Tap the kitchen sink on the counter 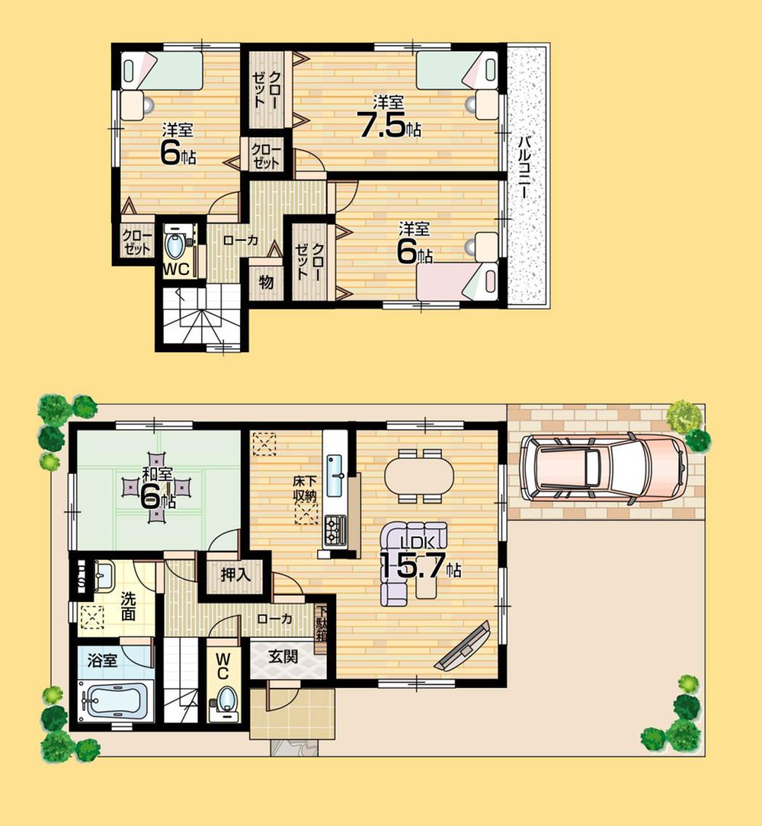335,474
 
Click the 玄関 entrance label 283,657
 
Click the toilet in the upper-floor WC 175,245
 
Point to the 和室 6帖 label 158,490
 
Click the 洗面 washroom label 127,604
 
